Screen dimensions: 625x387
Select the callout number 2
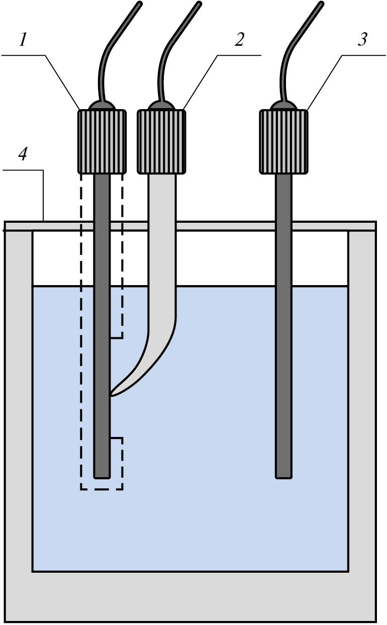point(239,39)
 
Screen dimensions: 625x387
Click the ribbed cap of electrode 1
point(102,141)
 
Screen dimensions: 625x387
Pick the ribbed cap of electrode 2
point(161,141)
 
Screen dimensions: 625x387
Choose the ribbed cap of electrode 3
point(283,141)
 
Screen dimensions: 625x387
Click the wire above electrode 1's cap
point(108,50)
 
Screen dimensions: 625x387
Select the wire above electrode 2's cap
point(168,50)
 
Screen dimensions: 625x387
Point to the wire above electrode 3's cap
point(291,50)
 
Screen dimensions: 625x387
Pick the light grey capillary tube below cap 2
point(161,251)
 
